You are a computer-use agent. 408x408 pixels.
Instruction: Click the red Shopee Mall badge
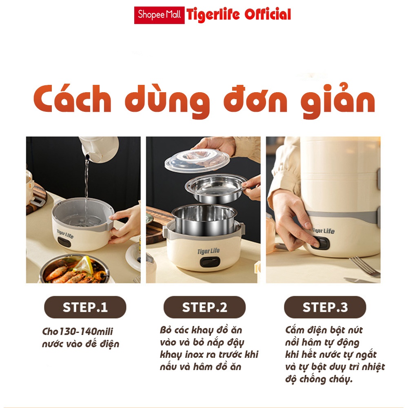tap(159, 15)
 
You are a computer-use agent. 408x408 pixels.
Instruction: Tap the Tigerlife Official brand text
tap(239, 15)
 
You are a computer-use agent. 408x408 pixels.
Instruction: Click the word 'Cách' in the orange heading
tap(72, 98)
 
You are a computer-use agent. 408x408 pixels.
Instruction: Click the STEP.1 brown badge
tap(85, 307)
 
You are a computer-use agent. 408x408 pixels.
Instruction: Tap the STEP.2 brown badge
tap(204, 307)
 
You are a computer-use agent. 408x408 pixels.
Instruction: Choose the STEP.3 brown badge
tap(325, 307)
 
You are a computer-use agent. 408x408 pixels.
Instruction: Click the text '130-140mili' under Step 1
tap(86, 331)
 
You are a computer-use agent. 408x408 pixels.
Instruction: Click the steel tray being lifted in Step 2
tap(216, 188)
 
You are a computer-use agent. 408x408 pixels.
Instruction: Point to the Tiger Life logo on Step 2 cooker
tap(208, 251)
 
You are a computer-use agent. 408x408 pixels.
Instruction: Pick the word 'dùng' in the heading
tap(167, 101)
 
